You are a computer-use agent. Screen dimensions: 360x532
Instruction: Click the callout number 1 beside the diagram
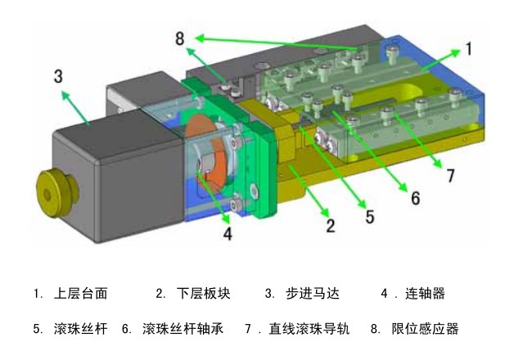pyautogui.click(x=469, y=48)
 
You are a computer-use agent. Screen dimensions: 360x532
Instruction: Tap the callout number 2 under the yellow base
pyautogui.click(x=331, y=225)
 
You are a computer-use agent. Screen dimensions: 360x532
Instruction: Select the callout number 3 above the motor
pyautogui.click(x=58, y=76)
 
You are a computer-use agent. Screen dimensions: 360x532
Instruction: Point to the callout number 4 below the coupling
pyautogui.click(x=228, y=234)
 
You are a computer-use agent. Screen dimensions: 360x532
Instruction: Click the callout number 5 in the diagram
pyautogui.click(x=370, y=217)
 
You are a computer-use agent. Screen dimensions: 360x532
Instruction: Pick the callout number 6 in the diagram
pyautogui.click(x=415, y=199)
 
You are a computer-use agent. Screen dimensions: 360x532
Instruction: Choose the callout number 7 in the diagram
pyautogui.click(x=450, y=174)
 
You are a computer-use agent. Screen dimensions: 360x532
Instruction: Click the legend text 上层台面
pyautogui.click(x=81, y=293)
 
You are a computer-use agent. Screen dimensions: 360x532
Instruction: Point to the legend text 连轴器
pyautogui.click(x=426, y=293)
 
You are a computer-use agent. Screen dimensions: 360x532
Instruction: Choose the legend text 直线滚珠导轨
pyautogui.click(x=309, y=329)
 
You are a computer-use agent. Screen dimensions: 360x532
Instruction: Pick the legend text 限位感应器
pyautogui.click(x=426, y=329)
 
